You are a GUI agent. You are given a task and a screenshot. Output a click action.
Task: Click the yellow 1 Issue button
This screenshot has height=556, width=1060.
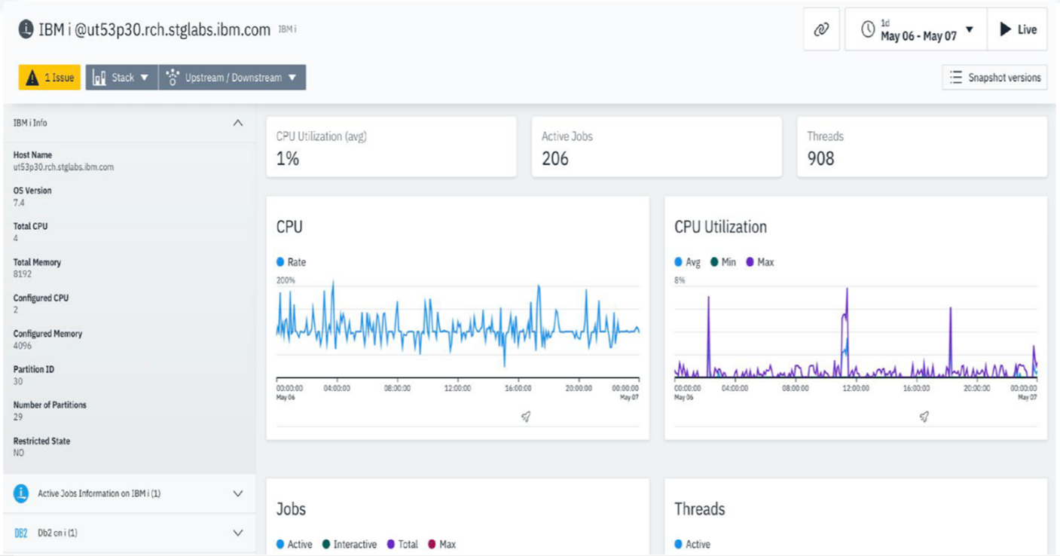(50, 78)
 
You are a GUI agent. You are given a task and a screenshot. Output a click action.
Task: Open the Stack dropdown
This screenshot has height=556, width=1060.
(121, 78)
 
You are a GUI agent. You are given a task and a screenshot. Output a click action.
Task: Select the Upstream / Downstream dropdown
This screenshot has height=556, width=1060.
(232, 78)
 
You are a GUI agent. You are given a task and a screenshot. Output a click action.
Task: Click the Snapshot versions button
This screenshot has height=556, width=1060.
(994, 78)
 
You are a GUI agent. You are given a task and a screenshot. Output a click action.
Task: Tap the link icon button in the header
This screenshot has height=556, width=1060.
(821, 30)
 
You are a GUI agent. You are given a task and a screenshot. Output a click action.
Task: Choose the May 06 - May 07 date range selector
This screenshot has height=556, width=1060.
(917, 30)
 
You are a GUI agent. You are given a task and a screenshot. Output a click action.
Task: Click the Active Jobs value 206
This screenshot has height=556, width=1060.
(555, 159)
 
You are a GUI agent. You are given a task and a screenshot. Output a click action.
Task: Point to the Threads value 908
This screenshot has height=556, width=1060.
(820, 159)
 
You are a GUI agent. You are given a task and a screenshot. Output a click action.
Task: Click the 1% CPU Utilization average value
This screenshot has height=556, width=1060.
(288, 159)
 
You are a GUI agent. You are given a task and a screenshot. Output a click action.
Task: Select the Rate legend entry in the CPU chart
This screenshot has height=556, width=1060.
(292, 262)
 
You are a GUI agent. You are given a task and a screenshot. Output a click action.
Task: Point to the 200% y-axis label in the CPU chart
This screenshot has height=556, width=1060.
(286, 280)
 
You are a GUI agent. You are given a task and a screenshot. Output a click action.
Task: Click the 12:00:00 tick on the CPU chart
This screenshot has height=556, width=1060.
(457, 389)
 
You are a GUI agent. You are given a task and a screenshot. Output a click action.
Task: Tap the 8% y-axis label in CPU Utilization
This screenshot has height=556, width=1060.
(680, 280)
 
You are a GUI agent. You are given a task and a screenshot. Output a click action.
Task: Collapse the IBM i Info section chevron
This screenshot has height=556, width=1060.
(238, 123)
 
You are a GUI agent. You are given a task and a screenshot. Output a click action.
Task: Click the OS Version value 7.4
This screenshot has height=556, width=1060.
(19, 203)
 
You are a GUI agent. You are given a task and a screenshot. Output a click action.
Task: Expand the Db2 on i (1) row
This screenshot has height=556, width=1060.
(238, 533)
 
